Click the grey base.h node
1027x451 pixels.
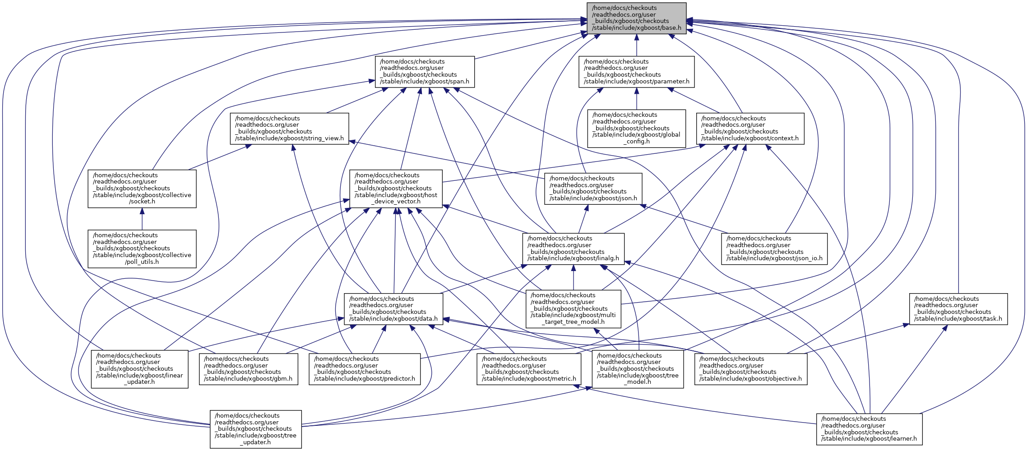(x=636, y=18)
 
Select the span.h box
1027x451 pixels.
(x=425, y=72)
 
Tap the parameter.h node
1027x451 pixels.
(x=636, y=72)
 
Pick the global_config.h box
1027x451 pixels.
(x=636, y=129)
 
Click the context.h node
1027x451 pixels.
(x=750, y=129)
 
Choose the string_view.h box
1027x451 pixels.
(x=289, y=129)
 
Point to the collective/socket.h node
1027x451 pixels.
(x=142, y=189)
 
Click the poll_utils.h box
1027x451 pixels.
(x=142, y=249)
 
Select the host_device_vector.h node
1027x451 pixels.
(x=396, y=189)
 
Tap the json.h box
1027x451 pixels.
(x=593, y=189)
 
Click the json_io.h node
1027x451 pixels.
(x=774, y=249)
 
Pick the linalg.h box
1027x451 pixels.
(x=573, y=249)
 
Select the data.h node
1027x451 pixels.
(x=393, y=309)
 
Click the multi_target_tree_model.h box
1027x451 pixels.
(x=573, y=309)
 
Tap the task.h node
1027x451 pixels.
(x=958, y=309)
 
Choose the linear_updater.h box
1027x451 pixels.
(x=139, y=369)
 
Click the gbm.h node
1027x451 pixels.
(x=248, y=369)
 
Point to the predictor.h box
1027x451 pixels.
(x=365, y=369)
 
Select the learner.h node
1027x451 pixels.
(x=869, y=429)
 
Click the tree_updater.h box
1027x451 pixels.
(x=255, y=429)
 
